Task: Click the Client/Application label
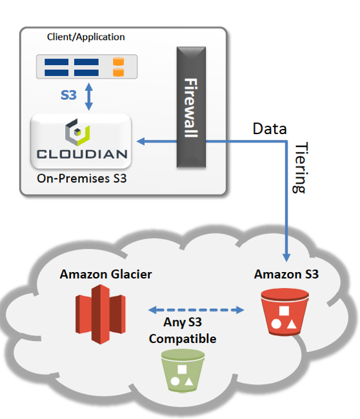point(86,37)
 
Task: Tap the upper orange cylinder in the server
point(118,61)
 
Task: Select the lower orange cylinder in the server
point(118,72)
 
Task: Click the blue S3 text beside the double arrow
point(68,95)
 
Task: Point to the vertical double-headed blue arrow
point(89,97)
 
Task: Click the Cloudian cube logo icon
point(77,132)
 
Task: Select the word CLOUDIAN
point(82,154)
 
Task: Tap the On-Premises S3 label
point(81,179)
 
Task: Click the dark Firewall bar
point(191,107)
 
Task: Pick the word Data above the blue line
point(270,128)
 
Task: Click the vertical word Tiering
point(300,168)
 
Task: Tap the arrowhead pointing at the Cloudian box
point(141,141)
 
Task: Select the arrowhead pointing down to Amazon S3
point(286,257)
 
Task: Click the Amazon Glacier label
point(106,274)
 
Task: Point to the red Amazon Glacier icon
point(101,315)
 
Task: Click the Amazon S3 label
point(286,274)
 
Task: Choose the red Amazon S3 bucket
point(285,311)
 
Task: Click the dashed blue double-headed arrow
point(196,310)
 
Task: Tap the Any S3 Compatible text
point(183,330)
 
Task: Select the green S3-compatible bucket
point(183,371)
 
